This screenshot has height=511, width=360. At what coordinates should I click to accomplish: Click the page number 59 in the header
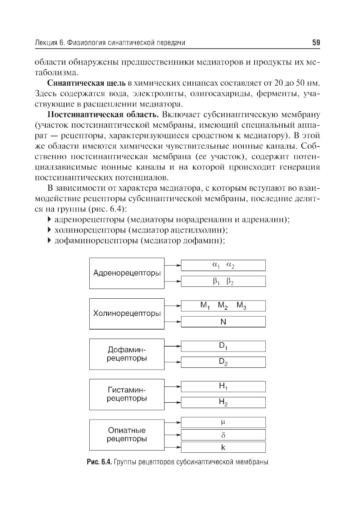pos(316,43)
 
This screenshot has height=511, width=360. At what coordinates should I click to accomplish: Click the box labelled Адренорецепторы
pos(127,273)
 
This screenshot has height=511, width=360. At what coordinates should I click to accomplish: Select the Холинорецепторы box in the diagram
pos(127,313)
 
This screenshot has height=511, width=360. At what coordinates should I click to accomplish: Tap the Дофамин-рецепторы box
pos(127,354)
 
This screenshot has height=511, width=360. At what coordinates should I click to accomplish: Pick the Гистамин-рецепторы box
pos(127,394)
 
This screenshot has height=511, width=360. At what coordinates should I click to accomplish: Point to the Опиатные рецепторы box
pos(127,435)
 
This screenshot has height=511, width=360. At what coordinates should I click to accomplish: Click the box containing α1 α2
pos(223,265)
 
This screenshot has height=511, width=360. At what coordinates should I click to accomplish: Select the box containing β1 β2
pos(223,281)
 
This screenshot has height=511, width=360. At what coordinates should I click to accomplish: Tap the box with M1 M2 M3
pos(223,306)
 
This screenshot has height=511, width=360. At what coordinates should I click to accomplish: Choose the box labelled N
pos(223,322)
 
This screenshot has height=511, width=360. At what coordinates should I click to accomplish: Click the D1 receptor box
pos(223,346)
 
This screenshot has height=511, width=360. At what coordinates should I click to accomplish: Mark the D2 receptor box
pos(223,362)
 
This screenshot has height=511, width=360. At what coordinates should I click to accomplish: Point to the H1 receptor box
pos(223,386)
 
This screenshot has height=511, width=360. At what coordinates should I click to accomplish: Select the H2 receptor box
pos(223,402)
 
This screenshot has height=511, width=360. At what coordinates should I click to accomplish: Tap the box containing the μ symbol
pos(223,422)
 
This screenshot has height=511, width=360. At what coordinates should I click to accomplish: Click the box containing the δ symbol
pos(223,435)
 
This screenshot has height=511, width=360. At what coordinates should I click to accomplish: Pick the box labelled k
pos(223,447)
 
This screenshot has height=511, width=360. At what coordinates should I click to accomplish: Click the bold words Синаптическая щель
pos(86,83)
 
